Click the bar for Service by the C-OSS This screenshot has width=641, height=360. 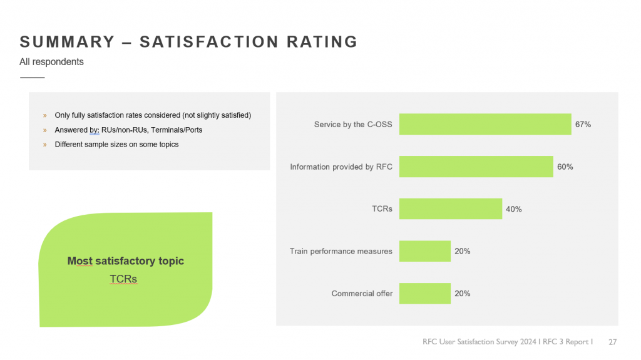click(x=485, y=125)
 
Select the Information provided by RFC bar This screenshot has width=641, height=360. click(x=476, y=167)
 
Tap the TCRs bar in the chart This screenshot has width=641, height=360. click(x=451, y=209)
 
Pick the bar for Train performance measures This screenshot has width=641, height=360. click(x=425, y=251)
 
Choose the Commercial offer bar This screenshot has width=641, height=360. click(x=425, y=294)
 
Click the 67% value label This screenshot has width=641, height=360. click(x=583, y=125)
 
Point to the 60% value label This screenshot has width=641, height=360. click(x=565, y=167)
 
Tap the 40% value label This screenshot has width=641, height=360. click(x=514, y=209)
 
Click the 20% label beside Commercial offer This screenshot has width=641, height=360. click(x=463, y=294)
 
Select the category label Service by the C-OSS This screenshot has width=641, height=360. click(x=353, y=125)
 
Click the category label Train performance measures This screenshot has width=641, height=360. click(x=341, y=251)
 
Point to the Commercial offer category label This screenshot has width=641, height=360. click(x=362, y=294)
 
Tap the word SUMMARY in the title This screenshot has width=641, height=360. click(x=68, y=42)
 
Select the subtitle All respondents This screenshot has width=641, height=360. click(x=51, y=62)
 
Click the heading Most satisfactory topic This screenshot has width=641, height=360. click(x=126, y=261)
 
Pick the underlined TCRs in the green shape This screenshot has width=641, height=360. click(x=123, y=279)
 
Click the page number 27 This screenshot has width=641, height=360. click(x=613, y=342)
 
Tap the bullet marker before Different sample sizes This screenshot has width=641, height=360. click(x=44, y=145)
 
